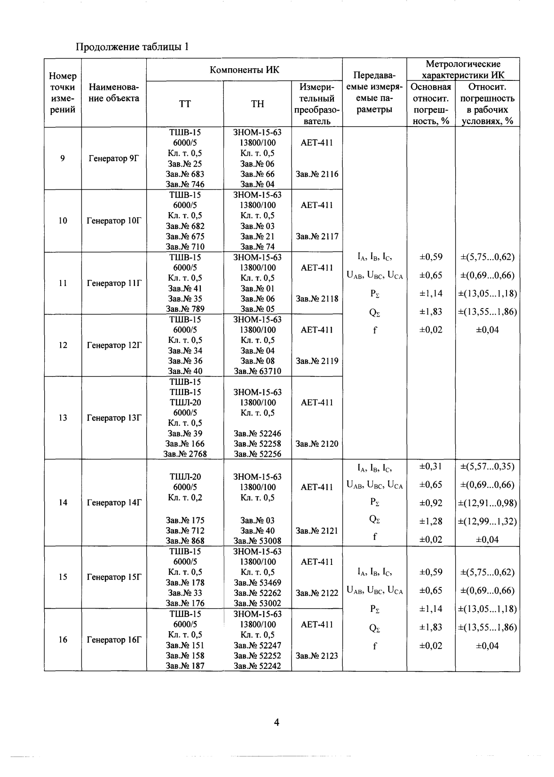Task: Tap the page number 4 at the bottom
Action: (x=277, y=722)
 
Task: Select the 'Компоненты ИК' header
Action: (x=244, y=70)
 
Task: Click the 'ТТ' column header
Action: (x=185, y=104)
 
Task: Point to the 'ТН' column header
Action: (x=257, y=104)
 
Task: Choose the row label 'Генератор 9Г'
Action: (x=114, y=159)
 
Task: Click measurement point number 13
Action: (x=63, y=418)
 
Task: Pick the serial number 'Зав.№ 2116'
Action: (x=317, y=174)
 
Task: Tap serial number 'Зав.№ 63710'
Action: (x=257, y=371)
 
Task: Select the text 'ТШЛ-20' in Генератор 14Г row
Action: (x=185, y=477)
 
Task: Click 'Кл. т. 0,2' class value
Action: (x=185, y=498)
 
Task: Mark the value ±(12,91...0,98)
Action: (x=487, y=503)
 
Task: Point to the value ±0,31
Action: (x=431, y=467)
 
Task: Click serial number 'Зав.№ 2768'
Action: (x=185, y=454)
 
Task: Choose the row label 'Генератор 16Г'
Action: (x=114, y=640)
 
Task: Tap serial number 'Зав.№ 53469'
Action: (x=257, y=583)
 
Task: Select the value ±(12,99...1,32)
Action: (x=487, y=521)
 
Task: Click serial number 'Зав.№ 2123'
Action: (x=317, y=656)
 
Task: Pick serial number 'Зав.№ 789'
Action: (x=185, y=309)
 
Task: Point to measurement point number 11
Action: (x=63, y=283)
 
